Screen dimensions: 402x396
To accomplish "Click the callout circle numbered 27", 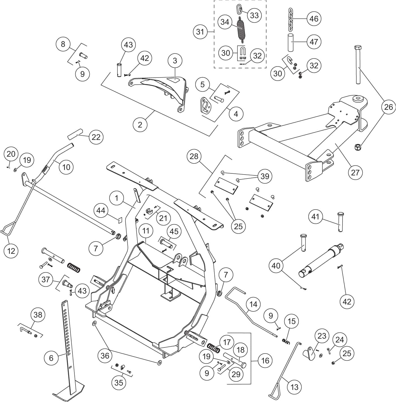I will click(x=355, y=172).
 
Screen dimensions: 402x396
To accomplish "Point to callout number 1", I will click(x=117, y=198).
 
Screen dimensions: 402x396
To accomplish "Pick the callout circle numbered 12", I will click(x=11, y=250).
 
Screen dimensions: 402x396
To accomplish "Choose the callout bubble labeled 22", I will click(x=96, y=137).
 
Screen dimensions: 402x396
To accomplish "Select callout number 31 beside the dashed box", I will click(x=200, y=32).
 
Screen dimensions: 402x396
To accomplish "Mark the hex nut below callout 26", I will click(x=357, y=147).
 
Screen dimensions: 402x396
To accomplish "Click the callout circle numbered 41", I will click(x=315, y=217).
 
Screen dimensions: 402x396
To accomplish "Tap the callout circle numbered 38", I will click(x=38, y=315).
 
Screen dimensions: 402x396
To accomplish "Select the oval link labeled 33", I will click(x=238, y=9).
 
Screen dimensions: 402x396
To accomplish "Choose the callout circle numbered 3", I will click(x=175, y=60).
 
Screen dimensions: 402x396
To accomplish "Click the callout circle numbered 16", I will click(x=265, y=361).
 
